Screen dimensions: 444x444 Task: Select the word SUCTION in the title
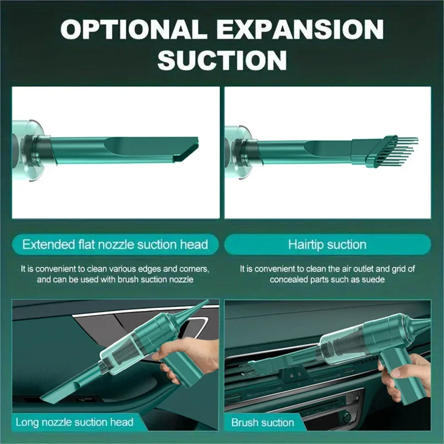click(x=222, y=59)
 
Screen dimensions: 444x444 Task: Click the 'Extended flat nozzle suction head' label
click(x=115, y=244)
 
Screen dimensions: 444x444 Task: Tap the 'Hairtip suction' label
click(x=327, y=244)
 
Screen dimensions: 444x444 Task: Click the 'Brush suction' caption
click(x=262, y=422)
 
